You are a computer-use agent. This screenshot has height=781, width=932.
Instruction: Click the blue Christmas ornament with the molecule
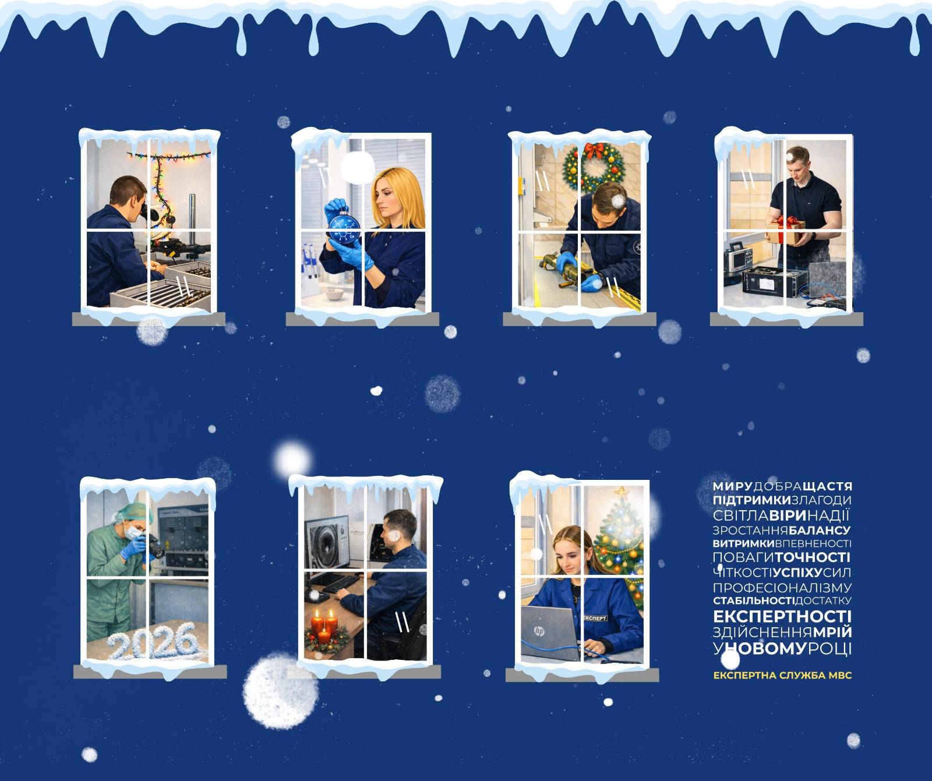[344, 229]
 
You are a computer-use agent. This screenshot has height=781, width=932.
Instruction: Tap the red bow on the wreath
[595, 151]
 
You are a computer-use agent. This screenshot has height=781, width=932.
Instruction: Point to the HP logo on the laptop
[539, 631]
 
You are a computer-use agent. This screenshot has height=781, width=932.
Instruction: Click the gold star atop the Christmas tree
[622, 492]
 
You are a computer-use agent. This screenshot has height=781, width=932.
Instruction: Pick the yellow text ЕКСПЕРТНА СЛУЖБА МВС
[782, 676]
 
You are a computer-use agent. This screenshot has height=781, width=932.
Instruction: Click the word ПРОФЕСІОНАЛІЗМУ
[782, 587]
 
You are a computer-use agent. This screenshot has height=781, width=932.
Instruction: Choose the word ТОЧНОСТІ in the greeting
[813, 557]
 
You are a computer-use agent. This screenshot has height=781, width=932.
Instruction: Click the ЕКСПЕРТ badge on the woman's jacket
[595, 618]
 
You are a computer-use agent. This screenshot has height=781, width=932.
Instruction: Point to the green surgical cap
[135, 513]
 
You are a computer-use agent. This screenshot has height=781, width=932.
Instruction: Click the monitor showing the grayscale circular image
[328, 542]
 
